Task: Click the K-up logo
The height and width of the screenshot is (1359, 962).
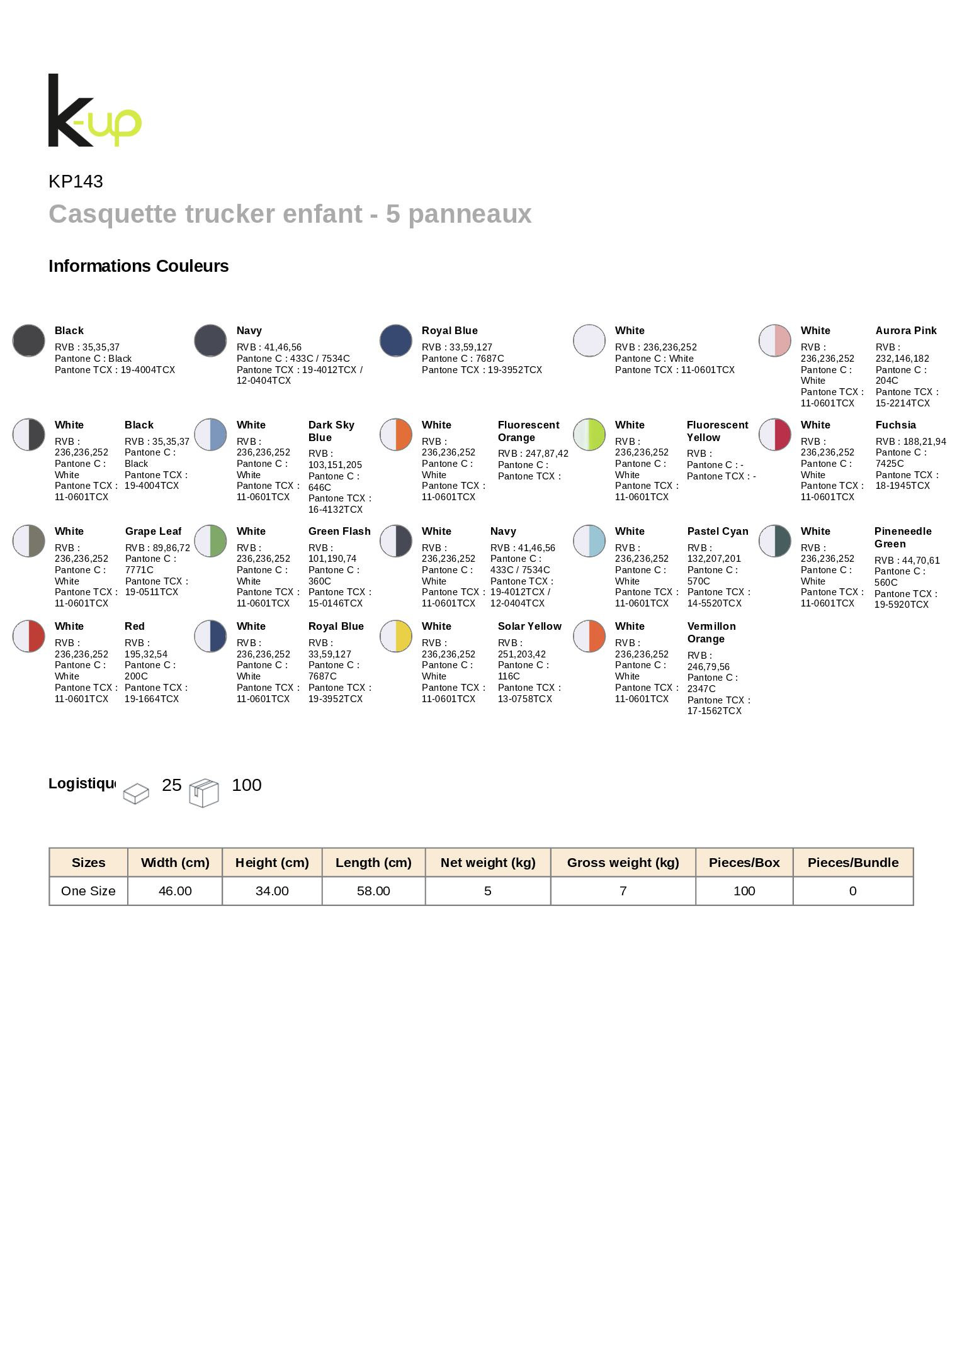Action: pos(94,111)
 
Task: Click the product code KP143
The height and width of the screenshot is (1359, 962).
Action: pos(76,181)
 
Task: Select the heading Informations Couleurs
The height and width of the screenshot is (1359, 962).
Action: pos(139,266)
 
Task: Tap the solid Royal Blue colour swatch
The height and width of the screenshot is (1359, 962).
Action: pos(396,340)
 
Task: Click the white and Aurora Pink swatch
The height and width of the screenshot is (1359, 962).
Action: pos(775,340)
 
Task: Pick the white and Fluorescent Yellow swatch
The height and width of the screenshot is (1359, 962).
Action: pos(589,435)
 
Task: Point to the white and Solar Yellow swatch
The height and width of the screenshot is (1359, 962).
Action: pos(396,636)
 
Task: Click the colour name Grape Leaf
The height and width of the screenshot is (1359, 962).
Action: pos(153,532)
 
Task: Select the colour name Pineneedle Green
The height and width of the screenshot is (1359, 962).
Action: pos(902,538)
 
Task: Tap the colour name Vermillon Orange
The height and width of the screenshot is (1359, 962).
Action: pos(711,632)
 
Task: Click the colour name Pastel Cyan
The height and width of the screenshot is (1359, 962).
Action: pos(718,532)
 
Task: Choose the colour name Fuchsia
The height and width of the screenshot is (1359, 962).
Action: pos(895,425)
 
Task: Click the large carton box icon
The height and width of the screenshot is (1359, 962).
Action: pos(204,793)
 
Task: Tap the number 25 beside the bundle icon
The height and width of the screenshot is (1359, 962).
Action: pos(172,785)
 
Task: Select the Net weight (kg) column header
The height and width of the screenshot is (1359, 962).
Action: pos(488,863)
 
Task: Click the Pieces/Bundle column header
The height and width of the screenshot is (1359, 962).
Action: pos(853,863)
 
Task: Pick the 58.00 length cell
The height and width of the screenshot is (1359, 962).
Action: pos(373,891)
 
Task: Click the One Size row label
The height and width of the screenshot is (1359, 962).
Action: pos(88,891)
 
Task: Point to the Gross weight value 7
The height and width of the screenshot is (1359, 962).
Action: pos(623,891)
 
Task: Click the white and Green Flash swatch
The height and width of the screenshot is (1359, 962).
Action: pos(210,541)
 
